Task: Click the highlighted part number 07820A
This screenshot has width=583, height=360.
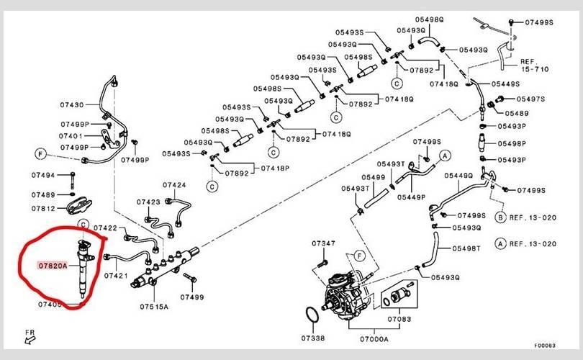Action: tap(52, 266)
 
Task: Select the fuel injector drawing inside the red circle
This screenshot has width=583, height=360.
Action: tap(84, 266)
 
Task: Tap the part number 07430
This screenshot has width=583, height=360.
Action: tap(72, 104)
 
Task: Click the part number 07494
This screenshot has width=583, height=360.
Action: tap(42, 175)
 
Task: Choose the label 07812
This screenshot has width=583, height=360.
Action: tap(42, 208)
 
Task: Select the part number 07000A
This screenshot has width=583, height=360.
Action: tap(374, 338)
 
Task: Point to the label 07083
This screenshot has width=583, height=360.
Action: tap(399, 318)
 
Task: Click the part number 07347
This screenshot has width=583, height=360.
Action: tap(323, 244)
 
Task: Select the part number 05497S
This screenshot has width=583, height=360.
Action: tap(531, 99)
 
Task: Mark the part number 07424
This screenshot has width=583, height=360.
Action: tap(174, 185)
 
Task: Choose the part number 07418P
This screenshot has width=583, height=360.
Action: tap(275, 168)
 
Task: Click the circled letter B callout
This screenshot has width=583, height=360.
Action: tap(500, 217)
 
